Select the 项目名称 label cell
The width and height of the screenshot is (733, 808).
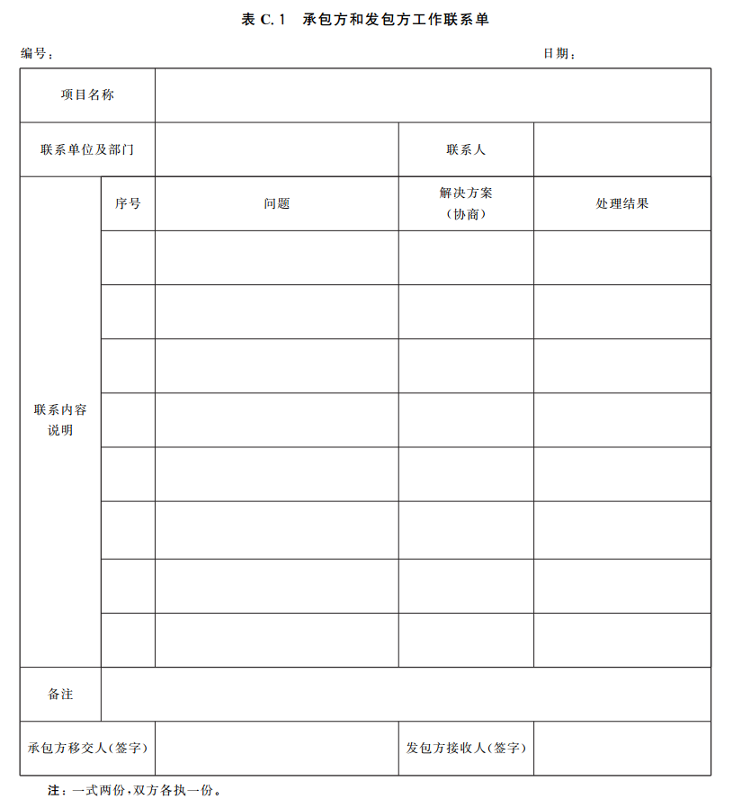(87, 95)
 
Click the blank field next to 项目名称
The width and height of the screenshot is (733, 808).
(432, 95)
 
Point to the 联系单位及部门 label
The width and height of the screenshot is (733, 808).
(87, 149)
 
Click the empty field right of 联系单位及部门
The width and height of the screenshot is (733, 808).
(276, 149)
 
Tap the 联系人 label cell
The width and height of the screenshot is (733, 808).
(466, 149)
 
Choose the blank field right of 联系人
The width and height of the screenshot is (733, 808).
(621, 149)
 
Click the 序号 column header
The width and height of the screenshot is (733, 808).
(128, 203)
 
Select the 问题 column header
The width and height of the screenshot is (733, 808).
(276, 203)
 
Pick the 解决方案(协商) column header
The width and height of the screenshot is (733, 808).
(466, 203)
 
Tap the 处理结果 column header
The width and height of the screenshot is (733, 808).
(621, 203)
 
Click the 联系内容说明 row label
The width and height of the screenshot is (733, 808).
(60, 420)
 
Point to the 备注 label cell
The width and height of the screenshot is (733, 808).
(60, 695)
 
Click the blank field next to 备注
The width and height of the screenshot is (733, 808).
(405, 695)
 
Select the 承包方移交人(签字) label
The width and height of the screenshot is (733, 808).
(87, 748)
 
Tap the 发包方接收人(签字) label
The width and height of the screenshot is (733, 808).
(466, 748)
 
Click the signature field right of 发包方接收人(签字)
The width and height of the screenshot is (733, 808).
(621, 748)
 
